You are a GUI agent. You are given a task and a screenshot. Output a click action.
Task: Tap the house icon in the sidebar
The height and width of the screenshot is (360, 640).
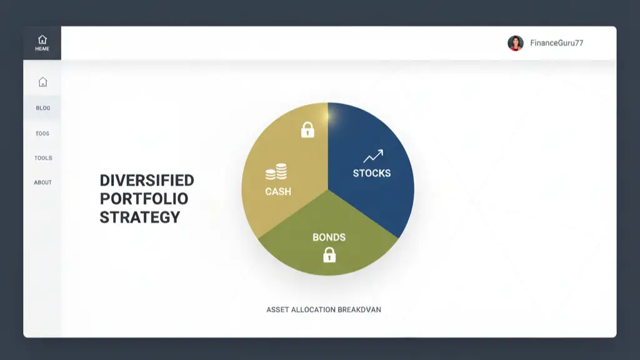point(42,82)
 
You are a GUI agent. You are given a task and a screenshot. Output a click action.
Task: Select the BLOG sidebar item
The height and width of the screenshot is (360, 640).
point(42,108)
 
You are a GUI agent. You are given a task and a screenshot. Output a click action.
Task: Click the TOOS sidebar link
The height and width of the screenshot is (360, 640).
point(42,133)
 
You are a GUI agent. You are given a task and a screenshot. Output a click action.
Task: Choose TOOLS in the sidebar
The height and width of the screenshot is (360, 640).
point(43,158)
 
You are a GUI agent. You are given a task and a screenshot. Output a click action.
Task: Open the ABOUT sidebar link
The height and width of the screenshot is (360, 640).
point(42,182)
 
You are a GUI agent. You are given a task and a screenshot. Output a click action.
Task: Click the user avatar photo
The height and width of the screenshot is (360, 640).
point(516,43)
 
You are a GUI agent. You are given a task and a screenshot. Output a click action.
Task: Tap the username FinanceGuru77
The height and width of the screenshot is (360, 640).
point(556,43)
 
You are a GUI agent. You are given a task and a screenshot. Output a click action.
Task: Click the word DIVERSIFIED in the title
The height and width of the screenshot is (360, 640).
point(147,181)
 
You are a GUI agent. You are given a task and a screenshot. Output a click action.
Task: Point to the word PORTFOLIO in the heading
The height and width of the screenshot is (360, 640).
point(144,199)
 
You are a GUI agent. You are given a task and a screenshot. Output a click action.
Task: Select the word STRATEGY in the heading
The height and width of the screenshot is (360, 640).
point(140,217)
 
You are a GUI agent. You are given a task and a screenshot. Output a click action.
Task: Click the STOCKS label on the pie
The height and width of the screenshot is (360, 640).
point(372,173)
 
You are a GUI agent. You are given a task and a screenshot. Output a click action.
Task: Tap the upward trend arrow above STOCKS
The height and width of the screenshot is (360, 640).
point(373,156)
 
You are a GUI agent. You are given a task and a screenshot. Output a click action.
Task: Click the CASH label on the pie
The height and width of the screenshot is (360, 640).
point(278,191)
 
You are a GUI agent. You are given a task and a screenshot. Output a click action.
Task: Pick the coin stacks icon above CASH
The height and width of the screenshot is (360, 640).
point(276,172)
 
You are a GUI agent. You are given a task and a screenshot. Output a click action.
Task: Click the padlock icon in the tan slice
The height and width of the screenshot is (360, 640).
point(307,130)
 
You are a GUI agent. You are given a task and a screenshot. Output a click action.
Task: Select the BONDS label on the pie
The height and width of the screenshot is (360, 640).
point(329,237)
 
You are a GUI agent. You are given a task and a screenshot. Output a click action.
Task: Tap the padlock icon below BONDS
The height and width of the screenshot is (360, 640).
point(329,254)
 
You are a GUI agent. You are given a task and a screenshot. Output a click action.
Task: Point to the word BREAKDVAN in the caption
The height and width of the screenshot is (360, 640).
point(359,309)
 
